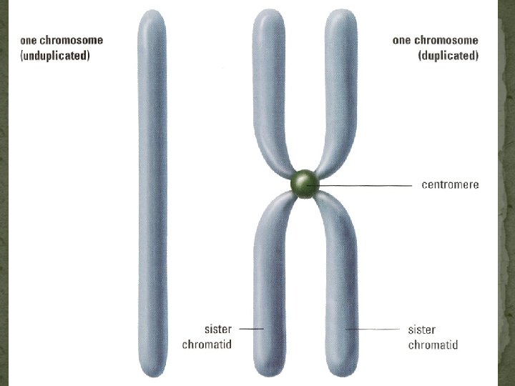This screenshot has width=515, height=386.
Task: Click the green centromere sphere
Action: point(305,184)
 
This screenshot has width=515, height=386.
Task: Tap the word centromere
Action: point(450,184)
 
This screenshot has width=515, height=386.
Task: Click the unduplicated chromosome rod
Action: point(151,193)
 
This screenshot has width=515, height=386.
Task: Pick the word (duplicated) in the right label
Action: point(448,55)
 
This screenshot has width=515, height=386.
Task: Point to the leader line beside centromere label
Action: point(372,185)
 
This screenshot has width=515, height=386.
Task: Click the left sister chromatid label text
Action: point(207,337)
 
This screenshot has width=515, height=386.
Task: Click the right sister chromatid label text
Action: point(432,337)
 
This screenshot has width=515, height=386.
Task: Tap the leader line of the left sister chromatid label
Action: point(252,329)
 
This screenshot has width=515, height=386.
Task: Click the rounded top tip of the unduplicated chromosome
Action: point(151,17)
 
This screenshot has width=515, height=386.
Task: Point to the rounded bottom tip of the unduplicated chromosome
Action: point(151,367)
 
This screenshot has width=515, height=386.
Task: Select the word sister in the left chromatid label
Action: point(217,330)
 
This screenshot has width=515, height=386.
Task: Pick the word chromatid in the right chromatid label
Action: point(432,345)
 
